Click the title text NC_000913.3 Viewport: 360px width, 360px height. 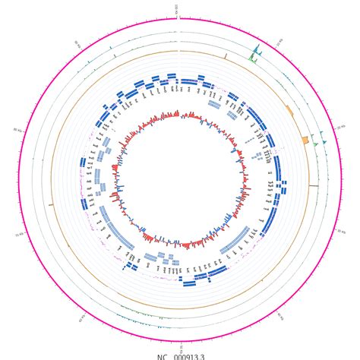(180, 355)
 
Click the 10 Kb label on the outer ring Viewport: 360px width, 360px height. (280, 43)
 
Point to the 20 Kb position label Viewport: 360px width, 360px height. (341, 128)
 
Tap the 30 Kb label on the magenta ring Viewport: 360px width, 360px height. (341, 232)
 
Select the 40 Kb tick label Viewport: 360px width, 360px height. (279, 317)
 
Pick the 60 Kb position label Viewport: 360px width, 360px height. (82, 318)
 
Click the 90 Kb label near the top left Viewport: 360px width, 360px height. (77, 44)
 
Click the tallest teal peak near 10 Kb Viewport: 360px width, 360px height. (255, 49)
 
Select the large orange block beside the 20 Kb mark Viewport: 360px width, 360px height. (305, 141)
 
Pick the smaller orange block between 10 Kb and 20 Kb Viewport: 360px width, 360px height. (289, 110)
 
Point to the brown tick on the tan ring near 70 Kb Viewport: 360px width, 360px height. (51, 204)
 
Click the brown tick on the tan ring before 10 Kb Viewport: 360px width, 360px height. (225, 55)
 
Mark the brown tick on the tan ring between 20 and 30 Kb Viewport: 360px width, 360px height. (313, 185)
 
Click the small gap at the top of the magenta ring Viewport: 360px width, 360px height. (180, 17)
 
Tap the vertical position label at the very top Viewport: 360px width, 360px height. (177, 9)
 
